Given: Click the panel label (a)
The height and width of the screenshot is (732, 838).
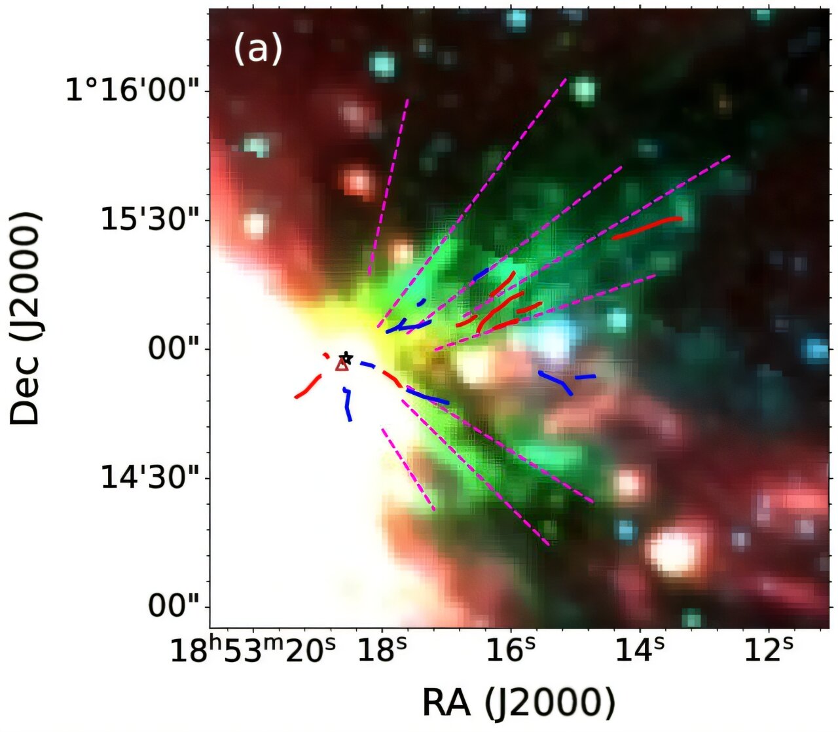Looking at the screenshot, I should pos(258,49).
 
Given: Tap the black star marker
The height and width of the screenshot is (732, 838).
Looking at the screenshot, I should pos(346,358).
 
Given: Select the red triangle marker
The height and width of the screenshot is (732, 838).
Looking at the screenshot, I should pos(342,365).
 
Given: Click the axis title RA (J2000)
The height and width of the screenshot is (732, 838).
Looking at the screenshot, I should pos(519,703).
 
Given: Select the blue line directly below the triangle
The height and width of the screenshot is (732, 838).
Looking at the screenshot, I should pos(348,404).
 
